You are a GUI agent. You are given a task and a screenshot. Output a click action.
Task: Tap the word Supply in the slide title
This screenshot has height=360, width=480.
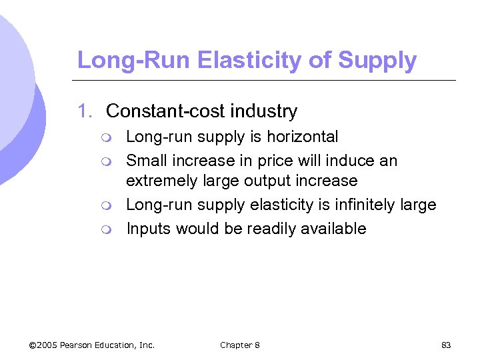(377, 60)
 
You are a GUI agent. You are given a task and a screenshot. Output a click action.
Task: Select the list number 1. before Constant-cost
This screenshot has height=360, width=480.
(85, 111)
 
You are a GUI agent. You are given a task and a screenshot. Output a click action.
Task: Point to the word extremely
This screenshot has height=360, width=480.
(161, 181)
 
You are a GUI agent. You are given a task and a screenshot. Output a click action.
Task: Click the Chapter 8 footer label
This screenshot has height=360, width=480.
(240, 345)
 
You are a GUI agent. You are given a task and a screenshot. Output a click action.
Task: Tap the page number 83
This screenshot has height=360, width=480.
(446, 345)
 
